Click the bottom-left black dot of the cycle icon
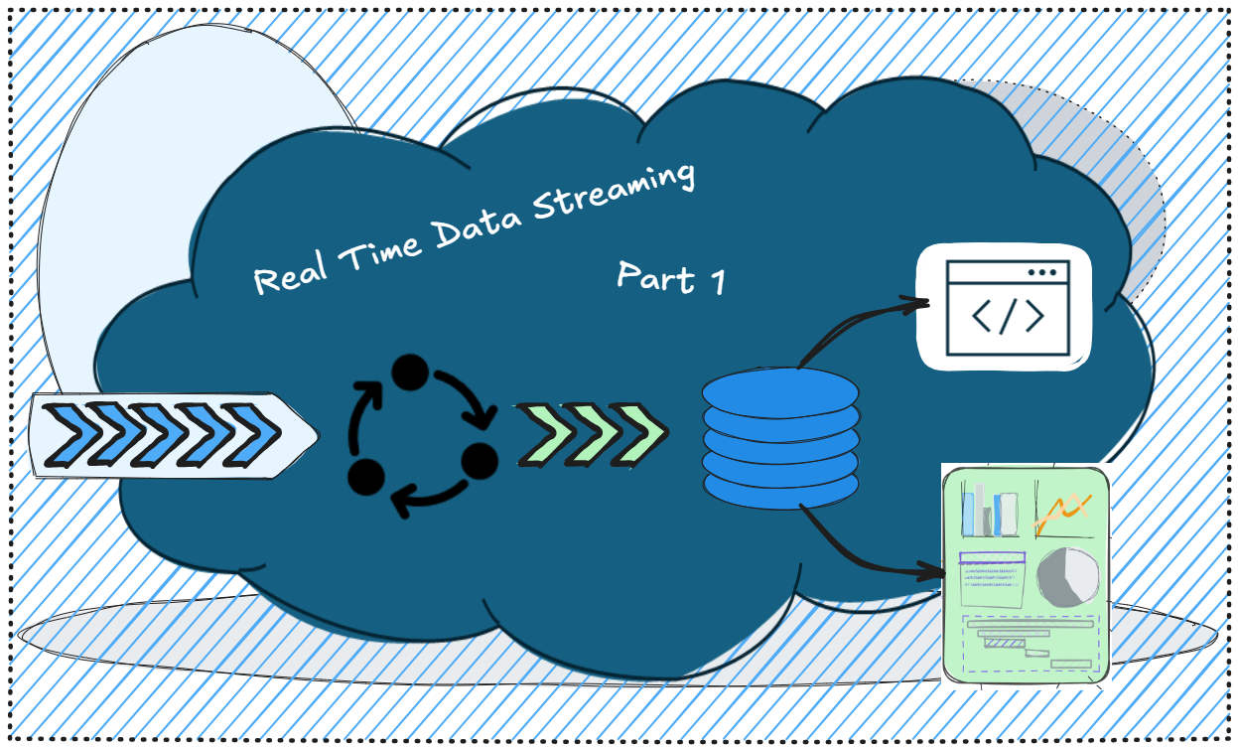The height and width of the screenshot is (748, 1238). [366, 477]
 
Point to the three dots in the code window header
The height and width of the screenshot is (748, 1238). [1042, 272]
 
